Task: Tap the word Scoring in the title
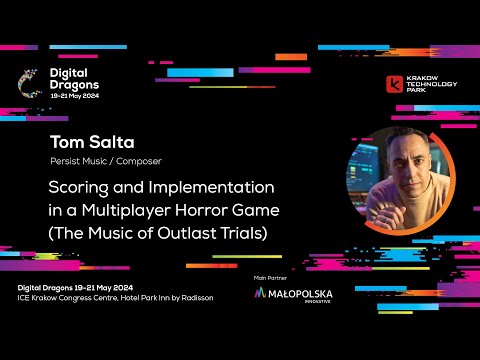click(82, 187)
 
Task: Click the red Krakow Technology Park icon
click(396, 84)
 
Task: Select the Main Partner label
click(272, 276)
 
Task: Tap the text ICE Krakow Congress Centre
click(64, 297)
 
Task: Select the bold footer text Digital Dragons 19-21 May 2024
click(76, 287)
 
